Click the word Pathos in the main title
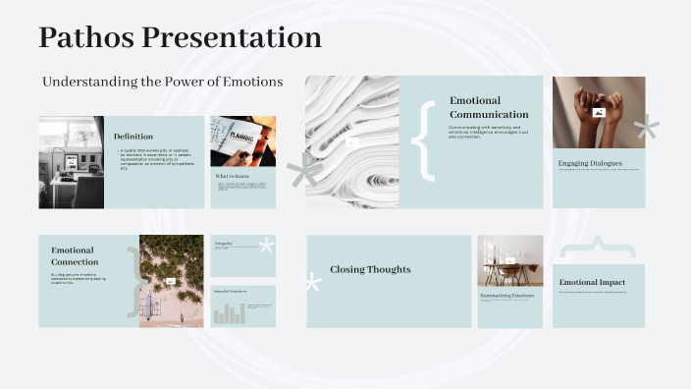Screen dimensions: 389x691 tap(86, 38)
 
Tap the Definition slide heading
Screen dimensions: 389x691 tap(133, 137)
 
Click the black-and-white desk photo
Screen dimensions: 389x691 tap(71, 162)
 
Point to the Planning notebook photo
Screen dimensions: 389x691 tap(242, 140)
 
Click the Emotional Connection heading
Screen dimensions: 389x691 tap(75, 255)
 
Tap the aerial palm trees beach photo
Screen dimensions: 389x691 tap(171, 280)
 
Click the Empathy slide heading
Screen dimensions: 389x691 tap(223, 242)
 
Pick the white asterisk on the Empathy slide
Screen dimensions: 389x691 tap(265, 246)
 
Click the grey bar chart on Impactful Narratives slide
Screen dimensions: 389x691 tap(229, 313)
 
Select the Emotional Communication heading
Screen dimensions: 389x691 tap(489, 107)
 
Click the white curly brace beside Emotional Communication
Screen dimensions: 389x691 tap(424, 140)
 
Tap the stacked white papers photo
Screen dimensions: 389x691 tap(351, 141)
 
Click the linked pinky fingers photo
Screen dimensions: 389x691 tap(599, 111)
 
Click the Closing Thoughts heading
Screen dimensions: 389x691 tap(370, 269)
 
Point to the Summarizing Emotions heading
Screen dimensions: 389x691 tap(506, 295)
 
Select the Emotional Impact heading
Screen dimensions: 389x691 tap(592, 283)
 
